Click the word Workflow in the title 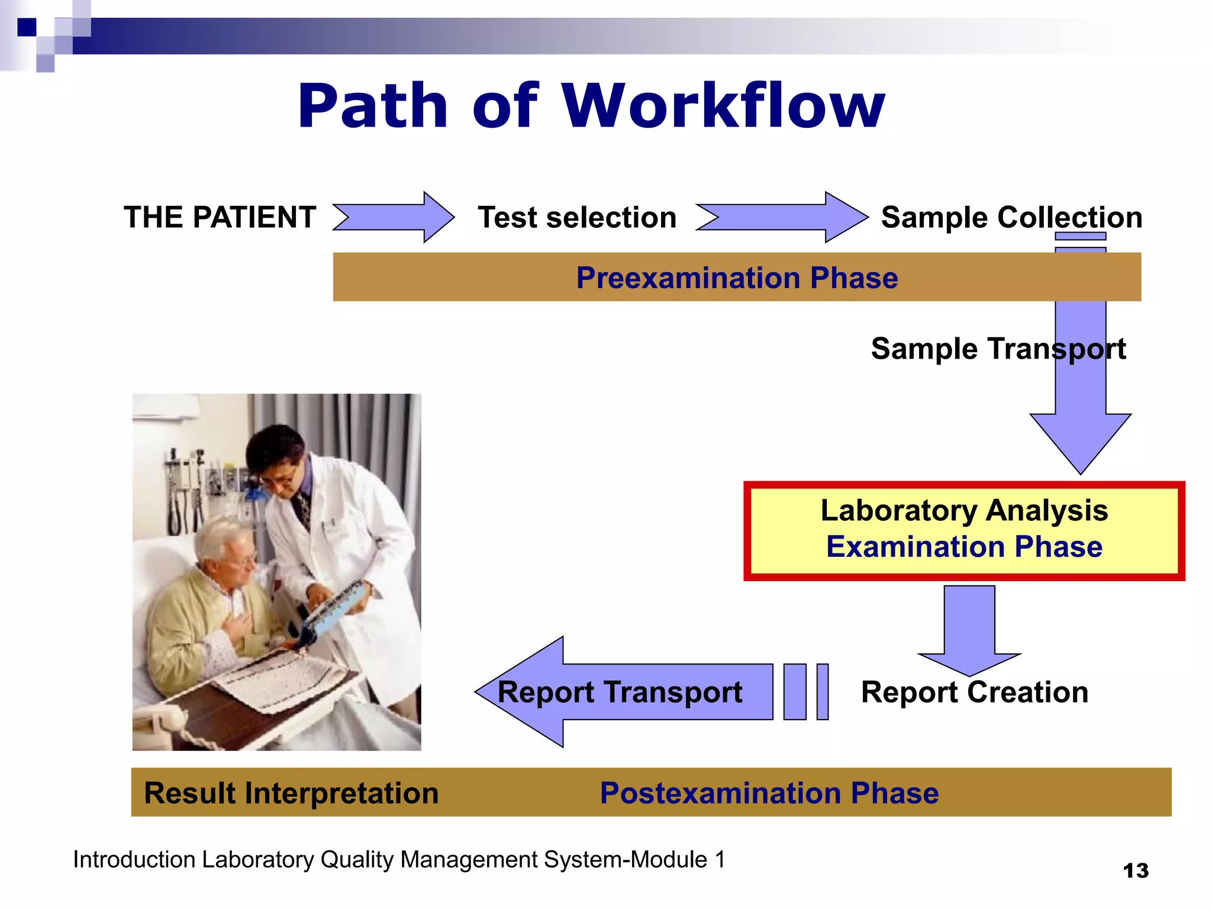(x=723, y=107)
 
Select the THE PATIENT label (x=220, y=217)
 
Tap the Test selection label (x=577, y=217)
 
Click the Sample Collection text (x=1011, y=217)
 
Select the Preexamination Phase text (x=737, y=278)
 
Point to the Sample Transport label (x=998, y=349)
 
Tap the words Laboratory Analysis (x=964, y=510)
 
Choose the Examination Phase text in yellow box (x=964, y=546)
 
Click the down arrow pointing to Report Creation (x=969, y=630)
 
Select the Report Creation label (x=975, y=692)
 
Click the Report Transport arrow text (x=620, y=692)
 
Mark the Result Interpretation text (x=291, y=793)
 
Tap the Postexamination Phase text (x=769, y=793)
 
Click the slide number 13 (x=1136, y=871)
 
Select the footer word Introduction (x=134, y=859)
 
